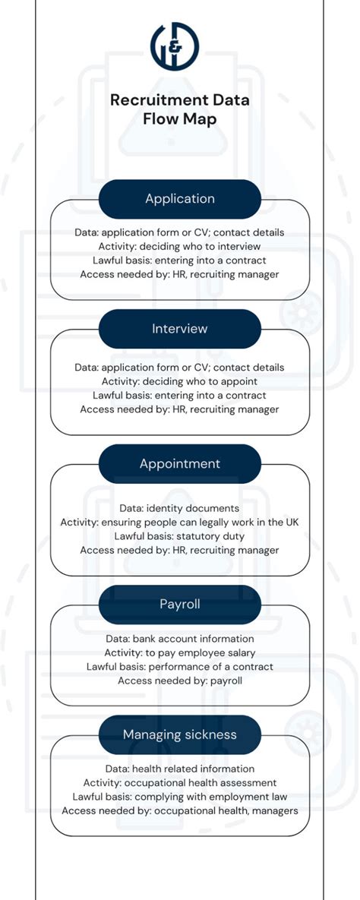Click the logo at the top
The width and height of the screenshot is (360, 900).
(175, 43)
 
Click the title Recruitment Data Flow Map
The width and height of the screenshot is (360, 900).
(180, 109)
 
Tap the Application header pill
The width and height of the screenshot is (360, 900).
(180, 199)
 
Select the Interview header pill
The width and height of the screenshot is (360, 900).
(180, 329)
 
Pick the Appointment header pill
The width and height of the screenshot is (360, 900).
(180, 463)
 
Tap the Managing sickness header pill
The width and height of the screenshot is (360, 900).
(180, 734)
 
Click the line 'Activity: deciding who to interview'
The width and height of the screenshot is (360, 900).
(180, 246)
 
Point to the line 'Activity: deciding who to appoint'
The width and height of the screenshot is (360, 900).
(180, 381)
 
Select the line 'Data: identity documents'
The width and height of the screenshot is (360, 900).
(180, 507)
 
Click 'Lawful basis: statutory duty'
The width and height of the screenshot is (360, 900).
(180, 535)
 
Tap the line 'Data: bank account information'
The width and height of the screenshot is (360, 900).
(180, 639)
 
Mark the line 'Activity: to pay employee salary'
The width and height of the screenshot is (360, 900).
(180, 652)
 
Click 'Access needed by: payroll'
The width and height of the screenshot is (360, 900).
(180, 681)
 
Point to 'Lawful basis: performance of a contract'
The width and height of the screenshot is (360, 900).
(180, 667)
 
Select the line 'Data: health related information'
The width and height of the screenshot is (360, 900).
(180, 769)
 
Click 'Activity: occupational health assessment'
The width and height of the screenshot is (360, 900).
(180, 782)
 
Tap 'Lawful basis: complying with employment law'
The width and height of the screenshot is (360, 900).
(180, 797)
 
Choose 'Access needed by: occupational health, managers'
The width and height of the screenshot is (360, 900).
(180, 810)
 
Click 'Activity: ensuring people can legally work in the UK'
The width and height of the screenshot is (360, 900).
(180, 522)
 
